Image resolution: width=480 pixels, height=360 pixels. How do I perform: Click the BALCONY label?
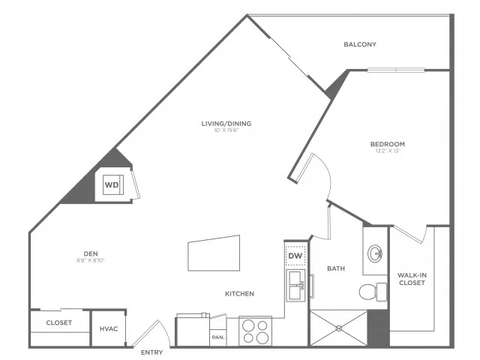click(x=360, y=44)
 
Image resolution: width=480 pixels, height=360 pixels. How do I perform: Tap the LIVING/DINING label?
click(x=226, y=124)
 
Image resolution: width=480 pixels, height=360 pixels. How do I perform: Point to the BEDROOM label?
click(x=387, y=144)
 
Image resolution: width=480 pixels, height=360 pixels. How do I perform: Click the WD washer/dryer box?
click(x=112, y=184)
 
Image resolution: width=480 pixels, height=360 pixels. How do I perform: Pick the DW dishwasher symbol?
click(x=295, y=256)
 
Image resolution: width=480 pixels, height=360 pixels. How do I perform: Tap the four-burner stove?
click(x=254, y=331)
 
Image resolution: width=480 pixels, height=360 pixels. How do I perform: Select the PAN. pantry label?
click(x=219, y=337)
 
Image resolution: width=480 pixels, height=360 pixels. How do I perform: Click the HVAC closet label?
click(x=105, y=329)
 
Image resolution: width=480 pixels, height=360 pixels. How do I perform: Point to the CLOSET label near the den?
click(x=58, y=322)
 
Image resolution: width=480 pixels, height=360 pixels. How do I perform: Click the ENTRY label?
click(x=151, y=352)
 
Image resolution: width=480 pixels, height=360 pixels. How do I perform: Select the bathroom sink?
click(x=375, y=253)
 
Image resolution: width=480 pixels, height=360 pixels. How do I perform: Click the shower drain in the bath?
click(x=338, y=328)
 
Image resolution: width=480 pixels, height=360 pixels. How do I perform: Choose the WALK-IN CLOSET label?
click(x=412, y=280)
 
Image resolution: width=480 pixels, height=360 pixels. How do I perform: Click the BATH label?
click(x=334, y=268)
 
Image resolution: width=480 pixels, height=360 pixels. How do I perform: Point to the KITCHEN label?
click(x=238, y=293)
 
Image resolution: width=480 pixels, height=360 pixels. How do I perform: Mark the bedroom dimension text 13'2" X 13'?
click(x=387, y=152)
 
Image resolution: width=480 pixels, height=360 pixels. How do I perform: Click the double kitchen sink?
click(x=295, y=285)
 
